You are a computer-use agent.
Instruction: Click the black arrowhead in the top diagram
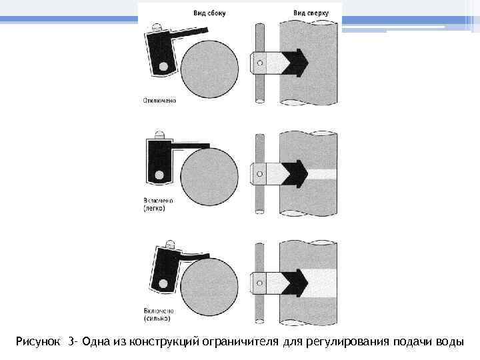[297, 63]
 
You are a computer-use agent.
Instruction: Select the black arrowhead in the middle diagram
[297, 174]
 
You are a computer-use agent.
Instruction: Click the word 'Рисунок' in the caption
[38, 342]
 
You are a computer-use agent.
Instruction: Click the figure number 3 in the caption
[71, 342]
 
